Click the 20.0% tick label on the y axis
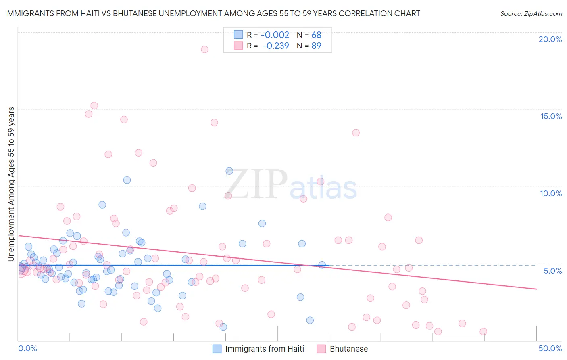tap(550, 39)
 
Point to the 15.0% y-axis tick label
tap(551, 116)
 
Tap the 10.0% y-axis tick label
tap(551, 193)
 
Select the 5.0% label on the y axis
tap(552, 271)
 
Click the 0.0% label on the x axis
tap(27, 348)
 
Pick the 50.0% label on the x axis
tap(550, 348)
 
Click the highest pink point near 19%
tap(204, 49)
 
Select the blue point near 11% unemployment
tap(229, 171)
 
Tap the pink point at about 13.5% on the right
tap(356, 133)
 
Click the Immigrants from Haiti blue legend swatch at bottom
tap(217, 349)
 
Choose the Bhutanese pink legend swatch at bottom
tap(321, 349)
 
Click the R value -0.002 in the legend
tap(275, 35)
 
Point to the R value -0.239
tap(275, 46)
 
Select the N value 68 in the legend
tap(316, 35)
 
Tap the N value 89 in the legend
tap(316, 46)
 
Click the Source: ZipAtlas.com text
tap(531, 14)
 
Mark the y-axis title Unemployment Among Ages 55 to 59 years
tap(11, 184)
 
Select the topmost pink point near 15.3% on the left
tap(94, 105)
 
